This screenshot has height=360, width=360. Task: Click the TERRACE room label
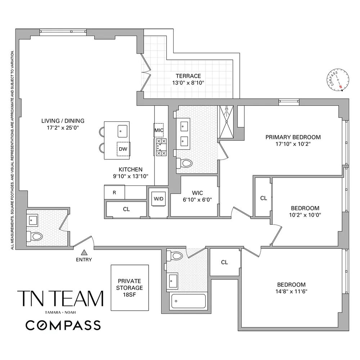pyautogui.click(x=188, y=76)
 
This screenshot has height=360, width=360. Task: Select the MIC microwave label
pyautogui.click(x=159, y=130)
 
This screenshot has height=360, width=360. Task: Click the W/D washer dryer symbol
pyautogui.click(x=158, y=199)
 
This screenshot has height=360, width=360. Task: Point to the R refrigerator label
pyautogui.click(x=114, y=192)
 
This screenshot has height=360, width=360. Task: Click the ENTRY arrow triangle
pyautogui.click(x=84, y=253)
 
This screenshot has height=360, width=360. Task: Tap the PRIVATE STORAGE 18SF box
pyautogui.click(x=130, y=288)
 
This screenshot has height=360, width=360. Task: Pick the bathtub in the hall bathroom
pyautogui.click(x=188, y=301)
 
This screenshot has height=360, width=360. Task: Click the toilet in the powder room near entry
pyautogui.click(x=35, y=236)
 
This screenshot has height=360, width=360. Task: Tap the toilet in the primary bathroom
pyautogui.click(x=185, y=163)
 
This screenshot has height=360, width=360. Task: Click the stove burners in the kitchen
pyautogui.click(x=161, y=147)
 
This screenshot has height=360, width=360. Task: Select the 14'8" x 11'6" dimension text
pyautogui.click(x=292, y=291)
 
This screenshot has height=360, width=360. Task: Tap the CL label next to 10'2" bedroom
pyautogui.click(x=264, y=198)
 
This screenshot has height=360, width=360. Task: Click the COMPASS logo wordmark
pyautogui.click(x=63, y=325)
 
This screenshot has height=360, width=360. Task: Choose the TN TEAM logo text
pyautogui.click(x=60, y=298)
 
